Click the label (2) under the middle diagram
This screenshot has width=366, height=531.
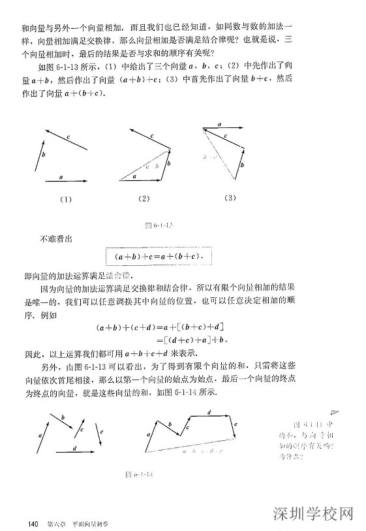144,199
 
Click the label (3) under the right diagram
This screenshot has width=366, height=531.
230,197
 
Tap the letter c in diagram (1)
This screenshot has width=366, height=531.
68,136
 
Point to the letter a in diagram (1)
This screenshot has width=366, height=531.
61,176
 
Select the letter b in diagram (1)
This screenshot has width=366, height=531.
43,154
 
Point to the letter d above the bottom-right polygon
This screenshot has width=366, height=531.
209,412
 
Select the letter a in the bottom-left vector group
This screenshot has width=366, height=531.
39,434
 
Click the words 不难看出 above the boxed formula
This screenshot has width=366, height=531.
56,238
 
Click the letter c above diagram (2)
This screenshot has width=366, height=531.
151,136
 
